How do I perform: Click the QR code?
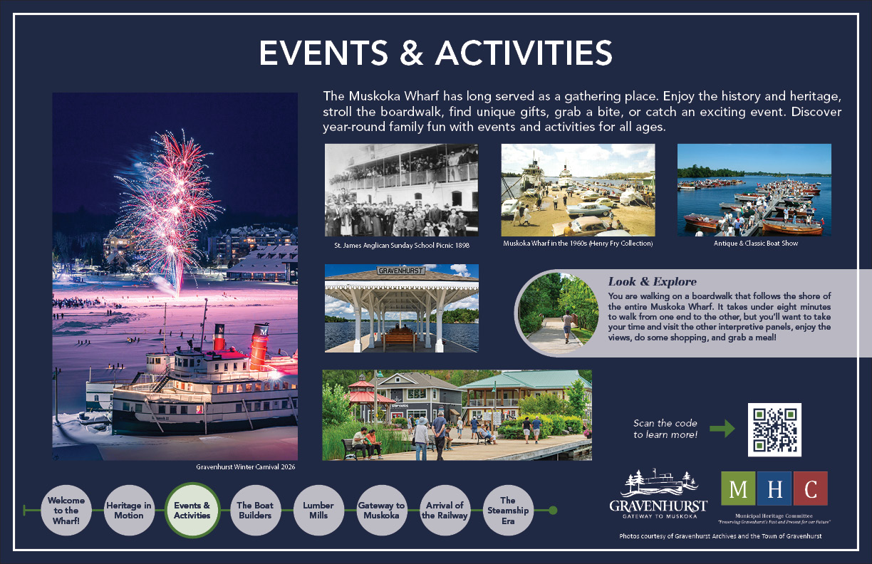pos(774,429)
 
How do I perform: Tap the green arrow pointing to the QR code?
pos(722,429)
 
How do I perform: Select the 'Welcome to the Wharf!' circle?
pos(66,511)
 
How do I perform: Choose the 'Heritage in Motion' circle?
pos(129,511)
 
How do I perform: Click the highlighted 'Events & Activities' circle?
pos(192,511)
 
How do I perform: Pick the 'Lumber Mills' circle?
pos(318,511)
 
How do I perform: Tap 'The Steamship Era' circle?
pos(508,511)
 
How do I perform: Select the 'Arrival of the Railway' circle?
pos(445,511)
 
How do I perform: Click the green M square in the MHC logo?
pos(738,489)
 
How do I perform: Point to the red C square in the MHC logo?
pos(811,489)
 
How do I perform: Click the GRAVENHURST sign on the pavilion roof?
pos(401,270)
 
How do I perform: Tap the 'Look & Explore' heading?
pos(653,281)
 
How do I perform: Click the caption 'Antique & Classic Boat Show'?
pos(756,244)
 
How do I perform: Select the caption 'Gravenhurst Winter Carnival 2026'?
pos(246,466)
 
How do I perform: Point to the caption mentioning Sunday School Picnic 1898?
pos(402,245)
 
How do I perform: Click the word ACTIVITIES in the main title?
pos(524,53)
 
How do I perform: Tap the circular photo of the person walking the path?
pos(559,313)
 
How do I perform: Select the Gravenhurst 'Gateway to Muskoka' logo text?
pos(658,509)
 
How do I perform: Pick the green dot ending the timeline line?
pos(553,511)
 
